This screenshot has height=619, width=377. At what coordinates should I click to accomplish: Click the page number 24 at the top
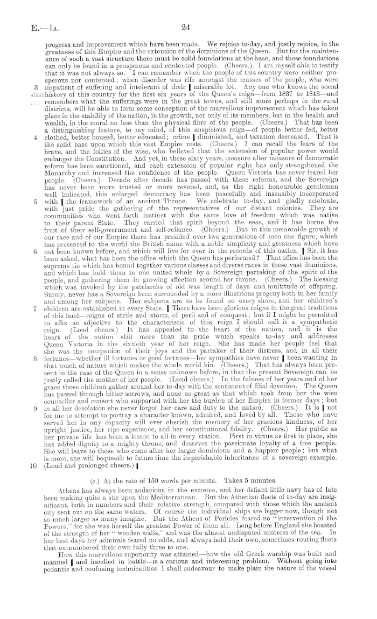pos(188,26)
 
